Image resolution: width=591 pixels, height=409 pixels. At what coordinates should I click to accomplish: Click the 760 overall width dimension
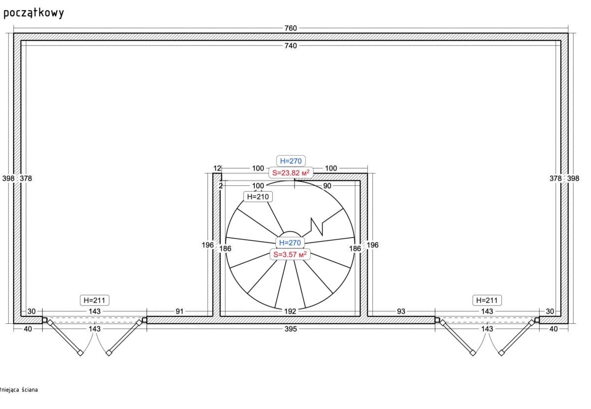291,28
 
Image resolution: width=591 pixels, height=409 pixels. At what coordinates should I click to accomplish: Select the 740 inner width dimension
291,46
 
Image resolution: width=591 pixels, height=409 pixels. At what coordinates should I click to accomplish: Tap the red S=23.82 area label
291,173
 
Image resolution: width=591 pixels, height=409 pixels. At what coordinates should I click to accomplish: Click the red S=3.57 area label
290,255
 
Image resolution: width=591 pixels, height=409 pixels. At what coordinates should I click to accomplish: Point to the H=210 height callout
258,197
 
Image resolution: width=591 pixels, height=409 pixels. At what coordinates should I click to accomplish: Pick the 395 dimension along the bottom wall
291,329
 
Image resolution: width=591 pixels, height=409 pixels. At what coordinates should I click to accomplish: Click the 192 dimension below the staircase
290,311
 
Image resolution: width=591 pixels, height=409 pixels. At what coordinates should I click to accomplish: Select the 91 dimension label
179,311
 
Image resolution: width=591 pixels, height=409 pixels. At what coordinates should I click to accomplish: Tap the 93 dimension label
401,311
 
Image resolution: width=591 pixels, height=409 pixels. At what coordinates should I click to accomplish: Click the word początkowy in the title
34,13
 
